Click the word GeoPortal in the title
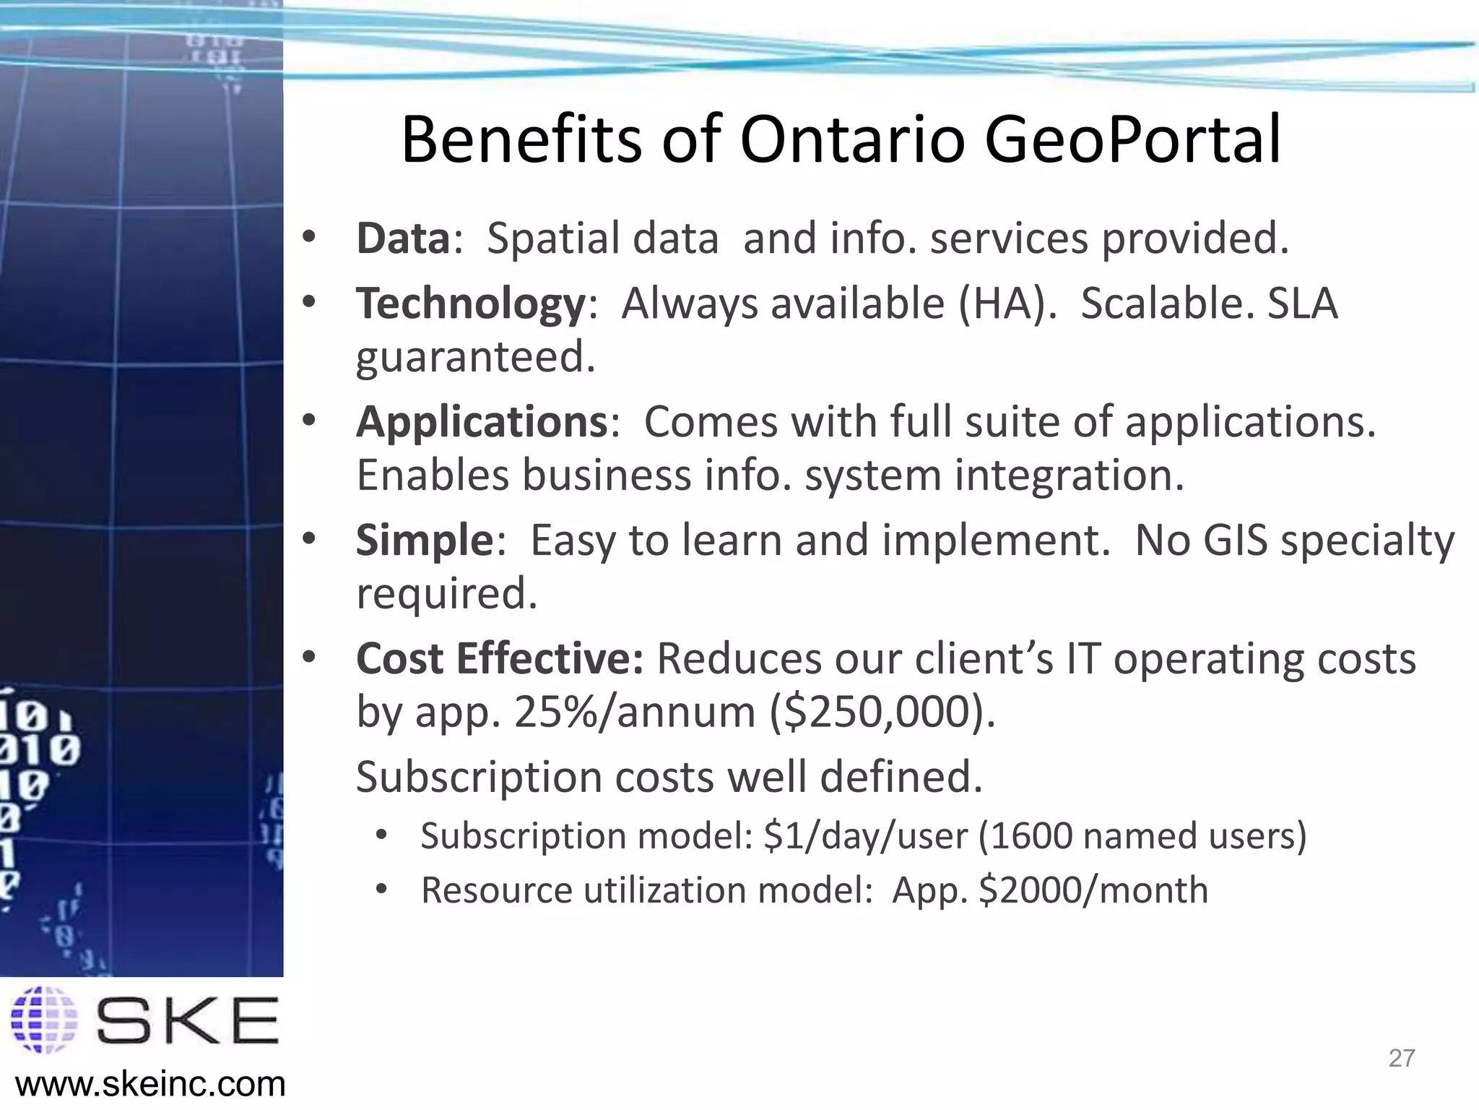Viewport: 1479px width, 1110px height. (x=1132, y=141)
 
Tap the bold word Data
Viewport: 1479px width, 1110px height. (x=403, y=238)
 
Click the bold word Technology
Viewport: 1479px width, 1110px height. (x=470, y=304)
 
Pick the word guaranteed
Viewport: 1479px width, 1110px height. (x=475, y=357)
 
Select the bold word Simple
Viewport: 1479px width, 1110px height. (x=424, y=540)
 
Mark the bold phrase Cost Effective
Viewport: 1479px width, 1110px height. (x=499, y=658)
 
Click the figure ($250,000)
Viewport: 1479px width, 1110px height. (x=882, y=712)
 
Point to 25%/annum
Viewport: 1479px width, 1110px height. (x=634, y=712)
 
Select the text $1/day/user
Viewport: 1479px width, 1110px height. (x=865, y=836)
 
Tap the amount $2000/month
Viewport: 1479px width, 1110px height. (x=1093, y=890)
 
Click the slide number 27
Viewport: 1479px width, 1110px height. (x=1401, y=1058)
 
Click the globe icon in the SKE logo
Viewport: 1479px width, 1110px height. (x=45, y=1020)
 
